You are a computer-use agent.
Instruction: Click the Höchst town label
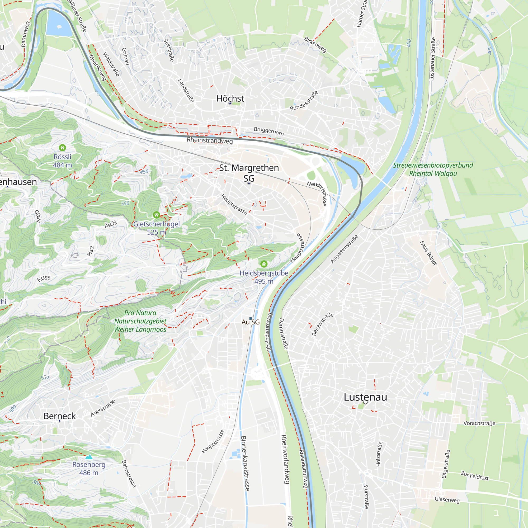click(x=230, y=98)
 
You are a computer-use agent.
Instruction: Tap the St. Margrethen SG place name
click(x=249, y=172)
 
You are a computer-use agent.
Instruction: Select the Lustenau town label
click(x=365, y=397)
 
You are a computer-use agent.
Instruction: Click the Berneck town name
click(x=60, y=416)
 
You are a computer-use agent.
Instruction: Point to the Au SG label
click(x=250, y=322)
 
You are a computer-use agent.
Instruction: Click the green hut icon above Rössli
click(x=62, y=148)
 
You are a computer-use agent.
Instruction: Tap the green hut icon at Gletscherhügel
click(x=156, y=215)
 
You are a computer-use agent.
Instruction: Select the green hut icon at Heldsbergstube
click(x=264, y=264)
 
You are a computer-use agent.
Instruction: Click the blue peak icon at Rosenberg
click(x=89, y=457)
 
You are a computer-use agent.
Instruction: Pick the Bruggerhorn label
click(x=269, y=131)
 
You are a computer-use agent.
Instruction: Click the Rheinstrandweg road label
click(x=210, y=140)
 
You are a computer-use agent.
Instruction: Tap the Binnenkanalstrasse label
click(x=245, y=464)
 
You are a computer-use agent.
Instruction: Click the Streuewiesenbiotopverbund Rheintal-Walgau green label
click(x=433, y=169)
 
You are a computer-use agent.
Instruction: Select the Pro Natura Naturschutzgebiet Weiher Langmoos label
click(x=140, y=321)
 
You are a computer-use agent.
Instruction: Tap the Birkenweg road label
click(x=315, y=45)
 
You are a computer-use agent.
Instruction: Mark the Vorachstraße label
click(x=479, y=423)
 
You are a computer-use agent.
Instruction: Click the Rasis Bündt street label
click(x=428, y=253)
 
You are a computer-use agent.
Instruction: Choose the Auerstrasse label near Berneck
click(x=103, y=408)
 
